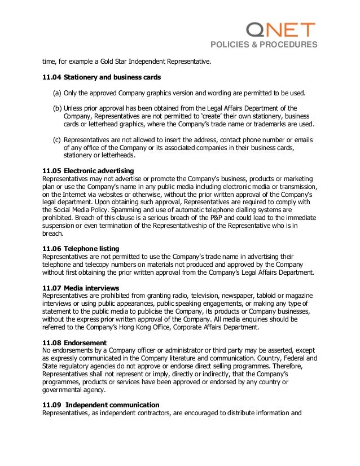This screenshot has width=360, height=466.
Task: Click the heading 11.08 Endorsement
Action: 75,342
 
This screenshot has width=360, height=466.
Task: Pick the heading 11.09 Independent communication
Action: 101,405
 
